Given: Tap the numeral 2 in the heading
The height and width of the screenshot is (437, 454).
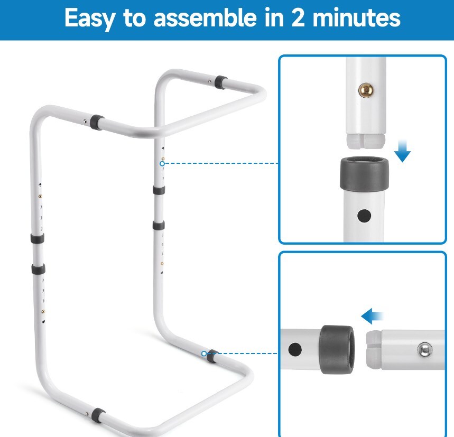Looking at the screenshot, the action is (298, 17).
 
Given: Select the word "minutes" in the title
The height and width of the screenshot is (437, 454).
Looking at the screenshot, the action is (356, 18).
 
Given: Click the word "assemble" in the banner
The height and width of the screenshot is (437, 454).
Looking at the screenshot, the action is (205, 18).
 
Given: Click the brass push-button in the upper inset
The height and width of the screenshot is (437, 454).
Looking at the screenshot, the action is (366, 90).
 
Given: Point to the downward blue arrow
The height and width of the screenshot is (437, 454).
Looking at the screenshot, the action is (402, 151).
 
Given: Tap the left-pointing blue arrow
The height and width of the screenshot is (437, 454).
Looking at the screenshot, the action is (372, 316).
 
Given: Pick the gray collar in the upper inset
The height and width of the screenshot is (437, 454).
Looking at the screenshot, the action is (364, 173).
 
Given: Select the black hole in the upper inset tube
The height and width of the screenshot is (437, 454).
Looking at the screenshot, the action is (364, 216).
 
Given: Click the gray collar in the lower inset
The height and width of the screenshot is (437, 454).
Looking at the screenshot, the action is (337, 349).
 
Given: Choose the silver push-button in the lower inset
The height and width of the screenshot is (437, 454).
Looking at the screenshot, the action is (425, 349).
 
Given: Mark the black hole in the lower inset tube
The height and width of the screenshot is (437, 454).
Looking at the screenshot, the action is (295, 349).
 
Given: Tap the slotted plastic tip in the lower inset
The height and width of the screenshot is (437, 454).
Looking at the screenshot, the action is (374, 350).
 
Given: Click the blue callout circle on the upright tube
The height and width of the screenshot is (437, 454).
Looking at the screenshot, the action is (162, 163).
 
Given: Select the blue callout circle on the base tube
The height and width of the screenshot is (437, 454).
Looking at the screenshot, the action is (204, 354).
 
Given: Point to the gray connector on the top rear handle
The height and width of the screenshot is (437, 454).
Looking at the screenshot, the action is (220, 82).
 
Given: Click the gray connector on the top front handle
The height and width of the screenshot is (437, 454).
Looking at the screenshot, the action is (97, 123).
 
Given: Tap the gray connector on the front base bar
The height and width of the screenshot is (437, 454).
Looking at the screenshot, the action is (98, 415).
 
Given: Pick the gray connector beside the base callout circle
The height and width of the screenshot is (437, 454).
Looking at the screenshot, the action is (213, 356).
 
